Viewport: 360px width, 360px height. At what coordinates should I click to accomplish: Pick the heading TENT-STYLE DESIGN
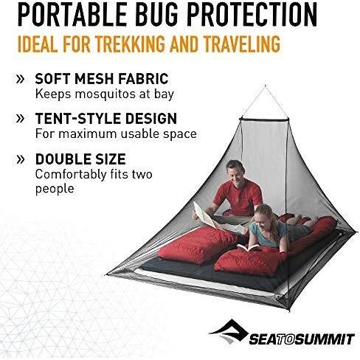pos(106,118)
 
